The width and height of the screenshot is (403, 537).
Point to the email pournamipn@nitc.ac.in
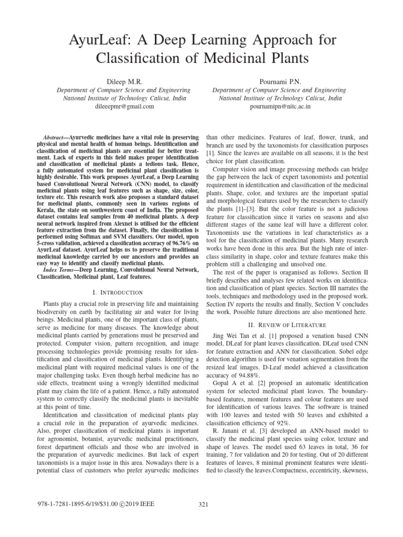point(279,106)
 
